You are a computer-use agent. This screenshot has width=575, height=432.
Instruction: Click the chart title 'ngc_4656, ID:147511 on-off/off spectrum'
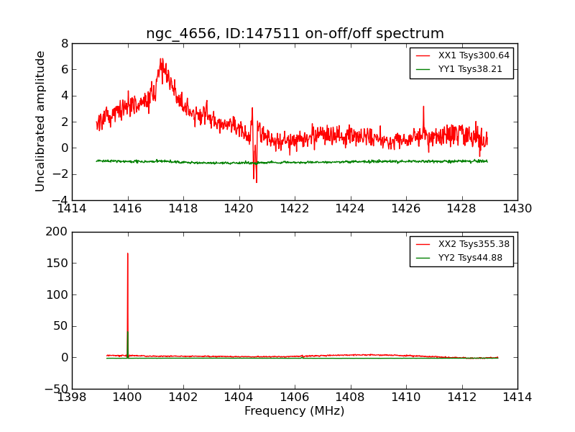(x=295, y=34)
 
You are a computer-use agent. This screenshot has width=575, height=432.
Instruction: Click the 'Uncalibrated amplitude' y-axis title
(x=41, y=121)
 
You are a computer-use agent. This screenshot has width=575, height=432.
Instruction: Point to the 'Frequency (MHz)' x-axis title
(x=294, y=411)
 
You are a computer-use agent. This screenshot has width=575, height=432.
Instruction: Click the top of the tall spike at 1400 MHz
(x=128, y=253)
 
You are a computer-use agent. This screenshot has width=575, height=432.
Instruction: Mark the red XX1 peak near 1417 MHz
(x=161, y=59)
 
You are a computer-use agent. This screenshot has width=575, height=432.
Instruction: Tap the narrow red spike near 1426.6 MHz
(x=423, y=107)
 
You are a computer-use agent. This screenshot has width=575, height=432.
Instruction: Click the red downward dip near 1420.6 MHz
(x=256, y=181)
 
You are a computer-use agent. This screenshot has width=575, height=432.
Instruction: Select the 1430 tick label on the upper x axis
(x=517, y=208)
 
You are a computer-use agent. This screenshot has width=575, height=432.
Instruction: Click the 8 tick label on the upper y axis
(x=65, y=43)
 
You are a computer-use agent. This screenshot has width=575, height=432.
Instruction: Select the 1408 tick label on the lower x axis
(x=350, y=397)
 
